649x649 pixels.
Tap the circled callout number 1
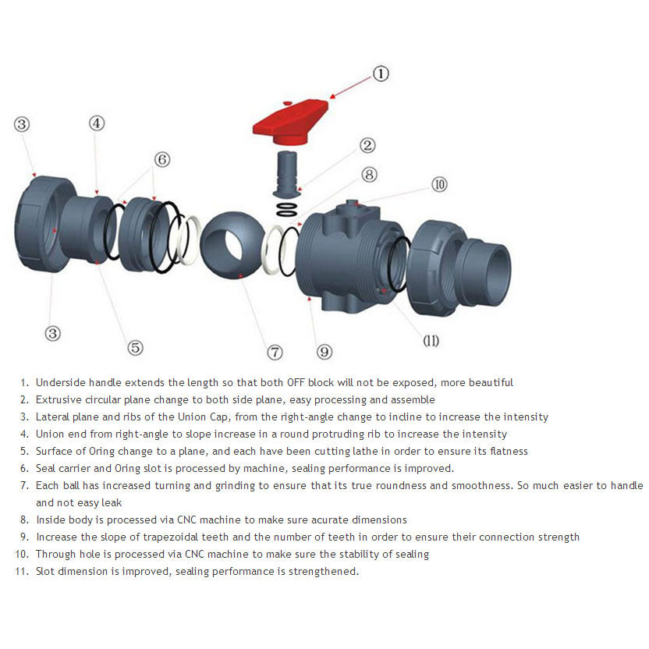[379, 74]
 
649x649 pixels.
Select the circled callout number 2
[367, 145]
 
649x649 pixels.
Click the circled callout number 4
[96, 123]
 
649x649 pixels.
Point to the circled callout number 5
[136, 348]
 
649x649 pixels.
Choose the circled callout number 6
[162, 159]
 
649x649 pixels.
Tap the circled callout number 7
[275, 353]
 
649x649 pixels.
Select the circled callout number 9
[324, 353]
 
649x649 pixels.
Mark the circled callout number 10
[439, 185]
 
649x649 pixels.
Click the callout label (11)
[431, 341]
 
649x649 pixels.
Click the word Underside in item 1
[59, 382]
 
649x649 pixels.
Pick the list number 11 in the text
[22, 571]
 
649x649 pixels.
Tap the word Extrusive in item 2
[58, 399]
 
